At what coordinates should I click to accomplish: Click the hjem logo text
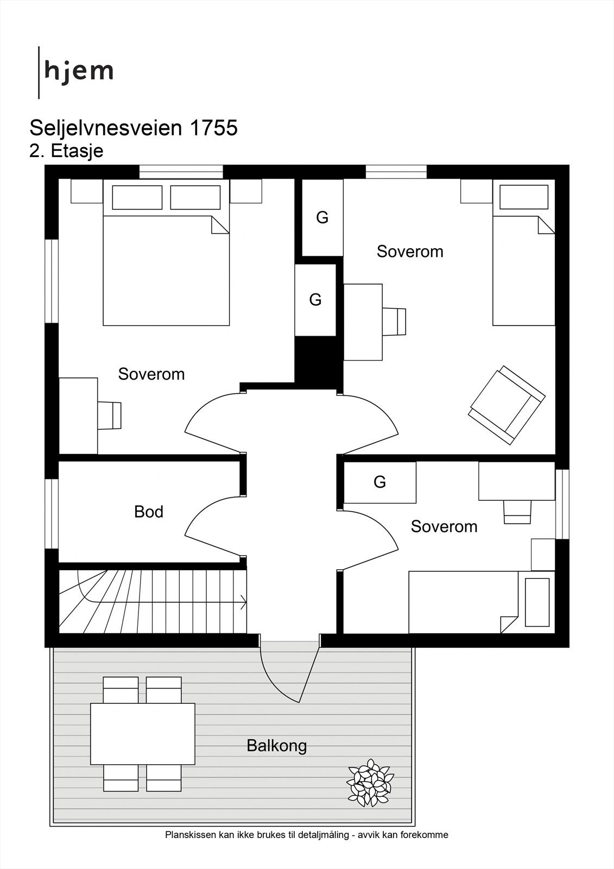(79, 71)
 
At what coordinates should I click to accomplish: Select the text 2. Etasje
(66, 151)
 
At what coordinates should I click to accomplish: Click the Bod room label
(149, 512)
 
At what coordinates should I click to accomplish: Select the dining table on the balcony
(143, 734)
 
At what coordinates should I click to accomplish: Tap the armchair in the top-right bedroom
(507, 405)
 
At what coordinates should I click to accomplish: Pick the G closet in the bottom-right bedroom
(379, 482)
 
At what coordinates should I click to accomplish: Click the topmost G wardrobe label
(322, 218)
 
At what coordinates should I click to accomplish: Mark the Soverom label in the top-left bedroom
(151, 374)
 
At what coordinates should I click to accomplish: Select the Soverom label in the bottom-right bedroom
(444, 526)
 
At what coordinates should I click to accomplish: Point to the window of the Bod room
(52, 514)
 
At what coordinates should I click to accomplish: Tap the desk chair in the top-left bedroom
(109, 415)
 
